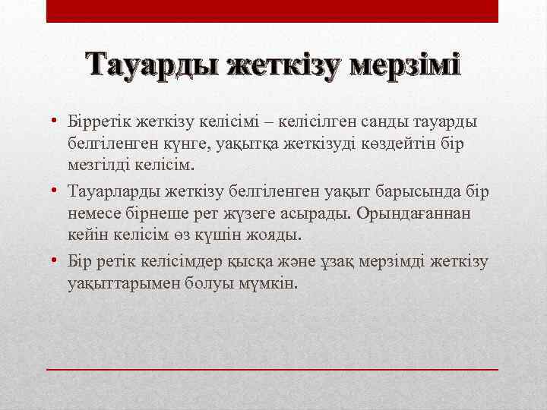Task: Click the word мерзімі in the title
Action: pos(406,67)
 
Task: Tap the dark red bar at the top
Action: pos(273,11)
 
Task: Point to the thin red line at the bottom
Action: pos(273,368)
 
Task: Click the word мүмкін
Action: pos(267,283)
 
